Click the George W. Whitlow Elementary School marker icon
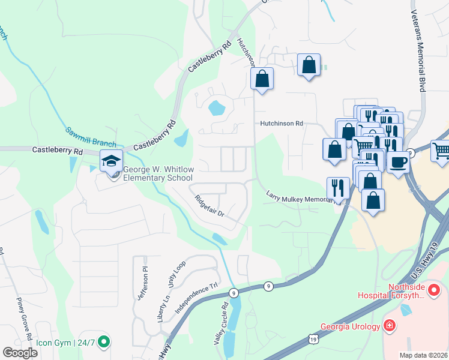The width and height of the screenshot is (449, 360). [111, 161]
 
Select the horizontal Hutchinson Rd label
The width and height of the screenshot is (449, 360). [282, 124]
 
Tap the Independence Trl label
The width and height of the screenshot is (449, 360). [194, 296]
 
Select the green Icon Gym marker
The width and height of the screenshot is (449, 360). [104, 343]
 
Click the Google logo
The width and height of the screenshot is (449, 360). [20, 352]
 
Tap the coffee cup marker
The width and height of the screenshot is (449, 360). [398, 161]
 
